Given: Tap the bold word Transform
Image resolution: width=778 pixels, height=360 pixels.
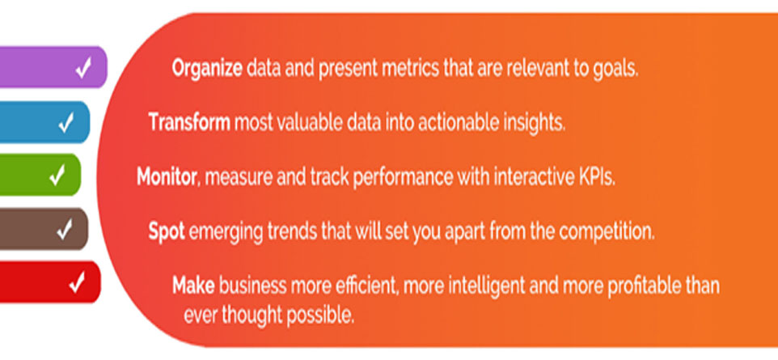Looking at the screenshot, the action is click(189, 121).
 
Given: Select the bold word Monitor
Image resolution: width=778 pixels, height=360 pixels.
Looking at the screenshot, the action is click(167, 177).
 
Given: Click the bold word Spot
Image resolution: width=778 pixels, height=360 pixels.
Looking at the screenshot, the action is click(167, 231).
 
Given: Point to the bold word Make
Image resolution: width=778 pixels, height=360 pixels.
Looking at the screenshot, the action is click(193, 286).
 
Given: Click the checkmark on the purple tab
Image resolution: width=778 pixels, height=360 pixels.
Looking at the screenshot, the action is click(83, 68).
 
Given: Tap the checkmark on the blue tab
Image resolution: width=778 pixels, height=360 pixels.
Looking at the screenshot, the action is click(66, 123).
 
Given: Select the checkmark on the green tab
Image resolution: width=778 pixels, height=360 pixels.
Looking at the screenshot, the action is click(57, 176).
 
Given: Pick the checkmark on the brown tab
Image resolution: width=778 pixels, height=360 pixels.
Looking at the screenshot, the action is click(65, 229).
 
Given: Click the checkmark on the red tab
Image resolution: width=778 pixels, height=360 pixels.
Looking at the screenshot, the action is click(77, 282).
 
